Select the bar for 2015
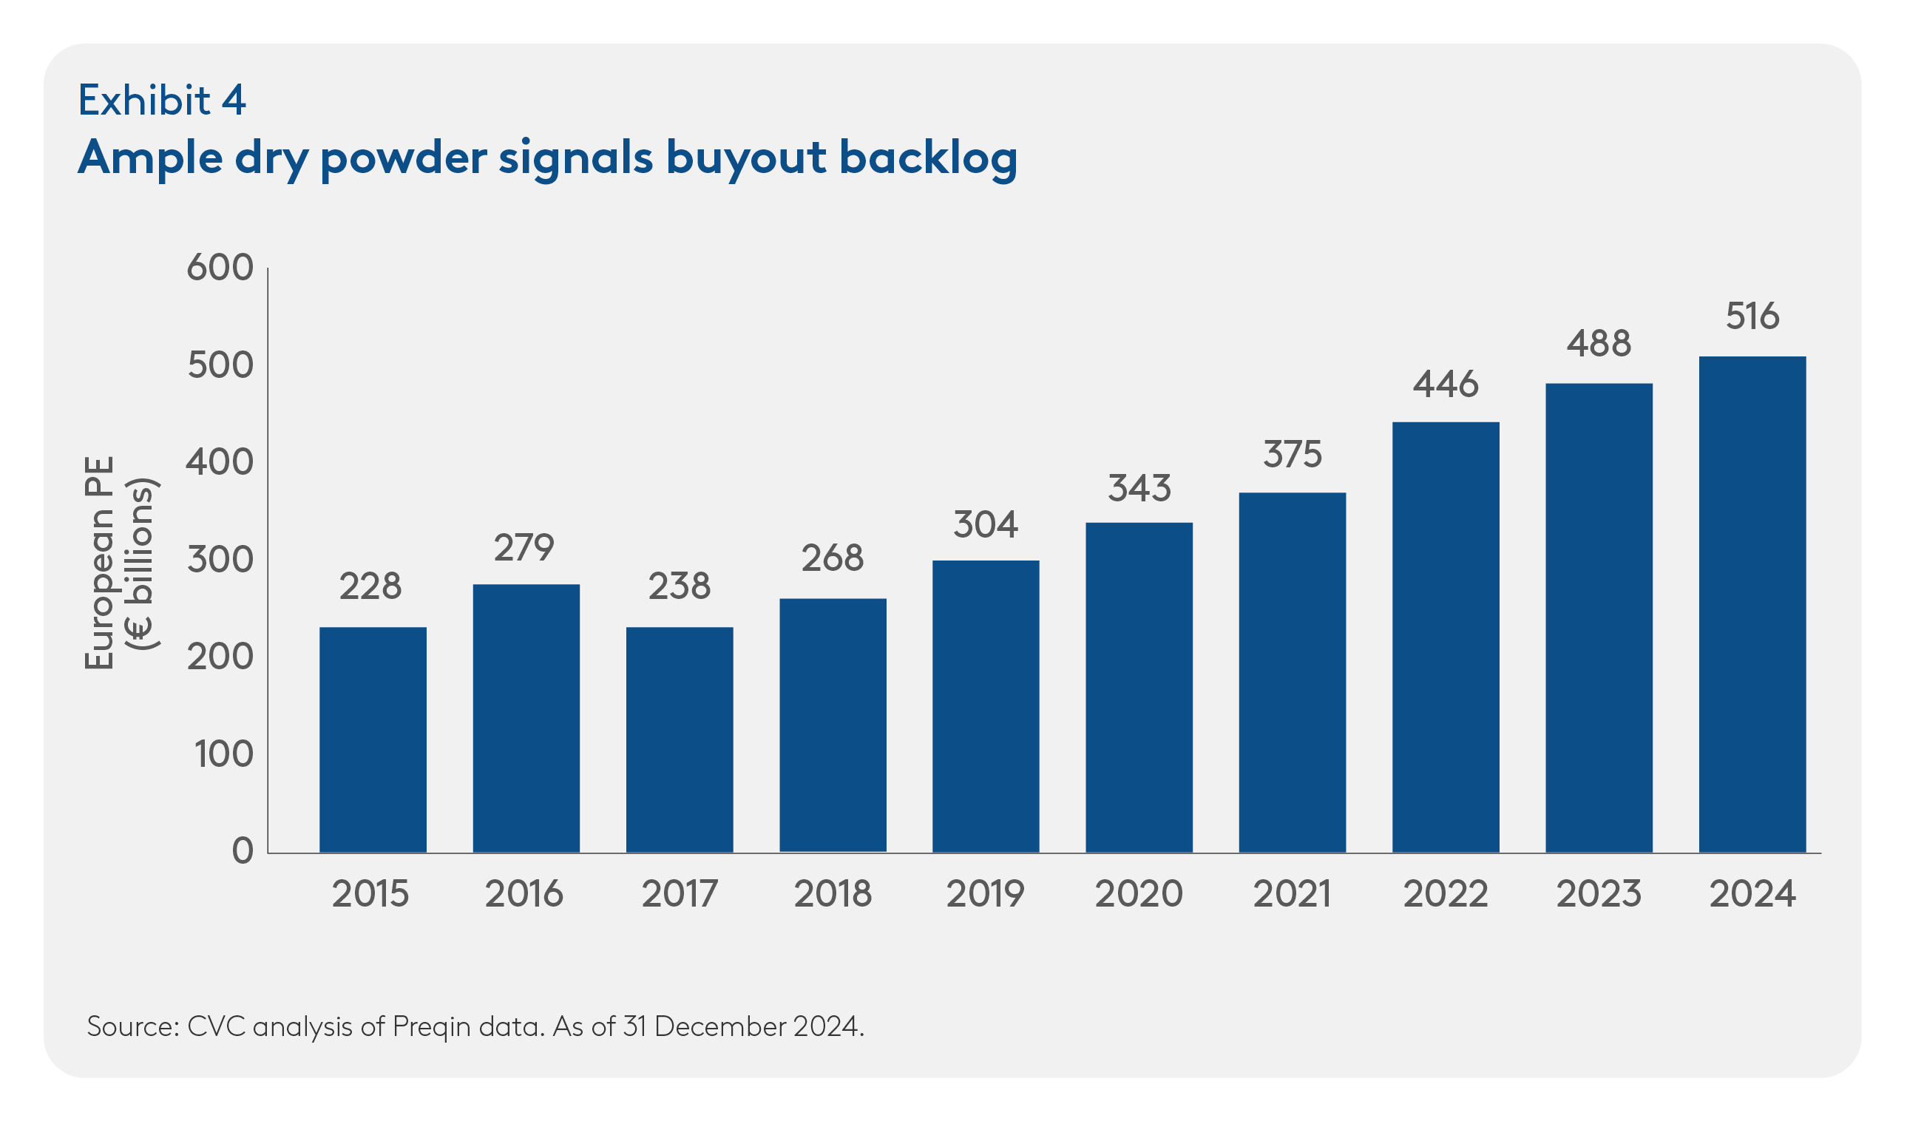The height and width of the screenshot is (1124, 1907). (373, 740)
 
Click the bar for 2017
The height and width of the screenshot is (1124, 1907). (680, 740)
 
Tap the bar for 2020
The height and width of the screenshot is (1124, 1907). (1138, 688)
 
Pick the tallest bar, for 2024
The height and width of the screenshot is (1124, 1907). (1752, 604)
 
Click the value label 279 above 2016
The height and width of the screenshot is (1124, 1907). (524, 548)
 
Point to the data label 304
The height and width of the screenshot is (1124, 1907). (986, 524)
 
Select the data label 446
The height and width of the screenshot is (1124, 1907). (1445, 385)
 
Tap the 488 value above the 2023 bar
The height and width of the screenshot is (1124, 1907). (1598, 344)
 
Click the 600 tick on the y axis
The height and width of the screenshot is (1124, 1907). (220, 268)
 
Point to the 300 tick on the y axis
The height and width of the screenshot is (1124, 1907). (220, 560)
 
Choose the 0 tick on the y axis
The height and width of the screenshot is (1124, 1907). (243, 851)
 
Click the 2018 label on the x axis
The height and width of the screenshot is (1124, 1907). (833, 894)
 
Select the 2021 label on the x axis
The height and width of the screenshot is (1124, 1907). (1291, 894)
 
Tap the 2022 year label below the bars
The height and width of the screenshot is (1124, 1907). (1445, 894)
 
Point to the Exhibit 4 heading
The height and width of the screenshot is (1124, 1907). (162, 100)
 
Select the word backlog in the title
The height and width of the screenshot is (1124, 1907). (928, 158)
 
